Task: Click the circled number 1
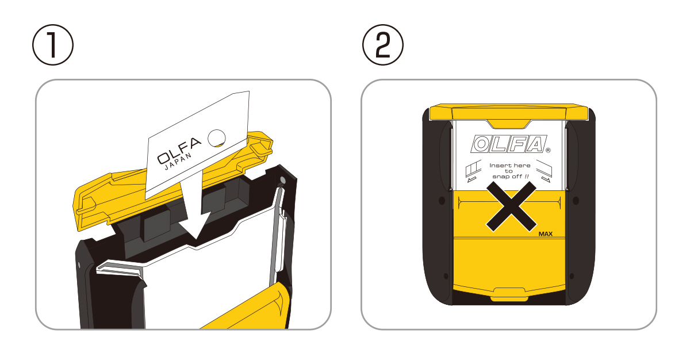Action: [x=53, y=45]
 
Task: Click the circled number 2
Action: [x=383, y=45]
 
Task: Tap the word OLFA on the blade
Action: [x=179, y=150]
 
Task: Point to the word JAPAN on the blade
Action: [x=178, y=162]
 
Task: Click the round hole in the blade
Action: [x=217, y=138]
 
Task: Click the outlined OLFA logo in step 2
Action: [x=508, y=144]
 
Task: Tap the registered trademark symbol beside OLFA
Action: [x=548, y=150]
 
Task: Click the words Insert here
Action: [x=510, y=166]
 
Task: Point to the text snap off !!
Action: [x=511, y=177]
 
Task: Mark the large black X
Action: [x=511, y=206]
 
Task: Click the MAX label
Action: [x=545, y=234]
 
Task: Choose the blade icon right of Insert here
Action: [x=544, y=171]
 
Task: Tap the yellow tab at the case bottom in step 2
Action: [x=509, y=294]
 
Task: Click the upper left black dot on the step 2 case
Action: [x=442, y=201]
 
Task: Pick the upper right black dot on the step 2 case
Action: [x=576, y=201]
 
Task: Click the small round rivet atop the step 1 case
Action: [x=282, y=180]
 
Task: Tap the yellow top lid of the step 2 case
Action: [x=508, y=112]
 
